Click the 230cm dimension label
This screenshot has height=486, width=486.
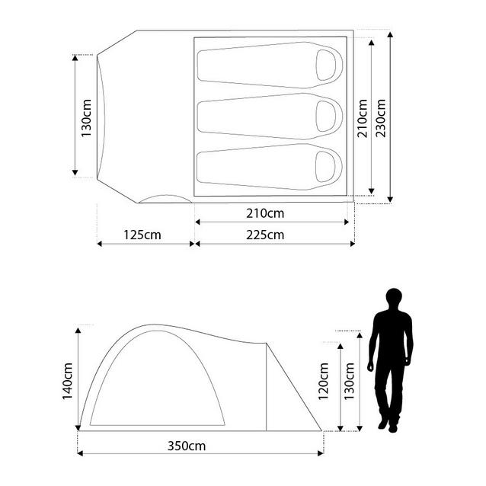point(381,118)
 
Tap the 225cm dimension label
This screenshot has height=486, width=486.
point(265,235)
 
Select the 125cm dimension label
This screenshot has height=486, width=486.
point(142,235)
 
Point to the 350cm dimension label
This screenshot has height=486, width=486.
point(187,446)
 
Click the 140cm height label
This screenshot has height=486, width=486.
point(67,381)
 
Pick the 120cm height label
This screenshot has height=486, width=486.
point(323,381)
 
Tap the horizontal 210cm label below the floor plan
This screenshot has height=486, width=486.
point(265,213)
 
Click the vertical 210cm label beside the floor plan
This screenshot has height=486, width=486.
point(362,118)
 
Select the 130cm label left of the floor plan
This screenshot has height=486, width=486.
point(86,118)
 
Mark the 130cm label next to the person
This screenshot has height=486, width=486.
point(349,381)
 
